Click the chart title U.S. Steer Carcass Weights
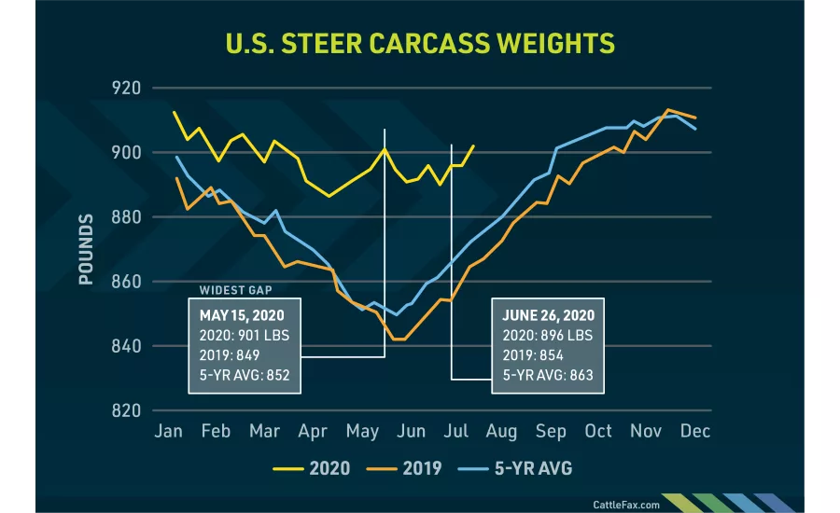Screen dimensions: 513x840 (421, 44)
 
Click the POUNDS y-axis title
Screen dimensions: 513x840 (86, 249)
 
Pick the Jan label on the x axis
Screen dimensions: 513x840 (168, 431)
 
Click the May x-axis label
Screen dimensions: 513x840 (362, 431)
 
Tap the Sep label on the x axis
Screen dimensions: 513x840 (551, 431)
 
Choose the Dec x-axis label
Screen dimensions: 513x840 (695, 431)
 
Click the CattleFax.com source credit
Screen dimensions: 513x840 (626, 504)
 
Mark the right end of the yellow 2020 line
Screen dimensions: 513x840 (474, 146)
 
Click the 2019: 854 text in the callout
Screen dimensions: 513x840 (530, 356)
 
